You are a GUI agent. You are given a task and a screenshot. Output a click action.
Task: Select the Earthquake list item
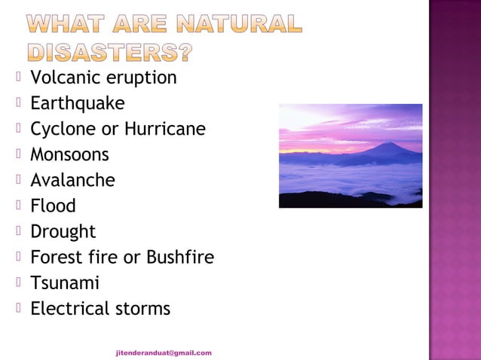[x=77, y=103]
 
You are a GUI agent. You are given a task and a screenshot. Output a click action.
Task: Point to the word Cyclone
[x=63, y=129]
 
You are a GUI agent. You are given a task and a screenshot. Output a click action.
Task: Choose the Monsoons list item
[x=69, y=154]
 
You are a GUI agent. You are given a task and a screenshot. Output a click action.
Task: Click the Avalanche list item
[x=72, y=180]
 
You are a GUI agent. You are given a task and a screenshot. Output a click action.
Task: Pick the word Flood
[x=53, y=206]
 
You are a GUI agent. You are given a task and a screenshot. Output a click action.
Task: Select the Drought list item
[x=63, y=231]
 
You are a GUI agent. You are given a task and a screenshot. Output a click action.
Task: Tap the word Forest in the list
[x=55, y=257]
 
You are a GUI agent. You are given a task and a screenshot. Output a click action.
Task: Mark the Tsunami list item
[x=64, y=282]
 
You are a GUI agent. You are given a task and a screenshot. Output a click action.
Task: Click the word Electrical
[x=67, y=308]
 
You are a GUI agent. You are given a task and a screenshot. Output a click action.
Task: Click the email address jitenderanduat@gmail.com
[x=164, y=352]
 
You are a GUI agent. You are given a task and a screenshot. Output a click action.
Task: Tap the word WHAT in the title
[x=62, y=25]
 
